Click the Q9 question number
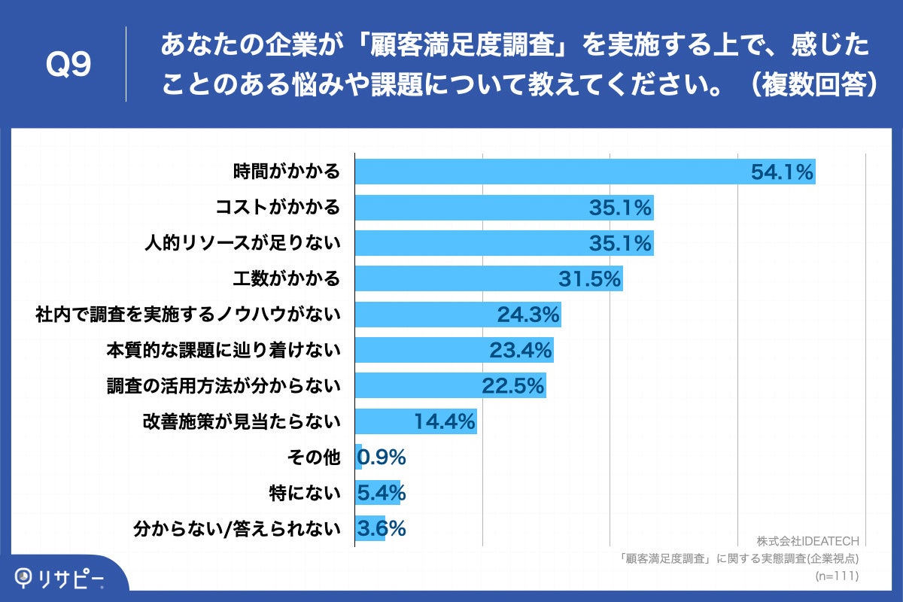[68, 65]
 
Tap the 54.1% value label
[782, 172]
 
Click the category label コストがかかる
[278, 208]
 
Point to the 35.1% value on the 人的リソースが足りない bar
[619, 243]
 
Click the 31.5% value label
[589, 279]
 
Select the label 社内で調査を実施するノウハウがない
[188, 315]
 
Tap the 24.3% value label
[528, 315]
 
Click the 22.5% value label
[512, 386]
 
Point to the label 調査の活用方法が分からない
[223, 386]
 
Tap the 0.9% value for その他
[382, 457]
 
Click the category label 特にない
[304, 493]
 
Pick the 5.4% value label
[382, 493]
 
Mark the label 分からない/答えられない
[236, 528]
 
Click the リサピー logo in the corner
[60, 578]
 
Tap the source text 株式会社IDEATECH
[807, 541]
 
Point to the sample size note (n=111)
[837, 576]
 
